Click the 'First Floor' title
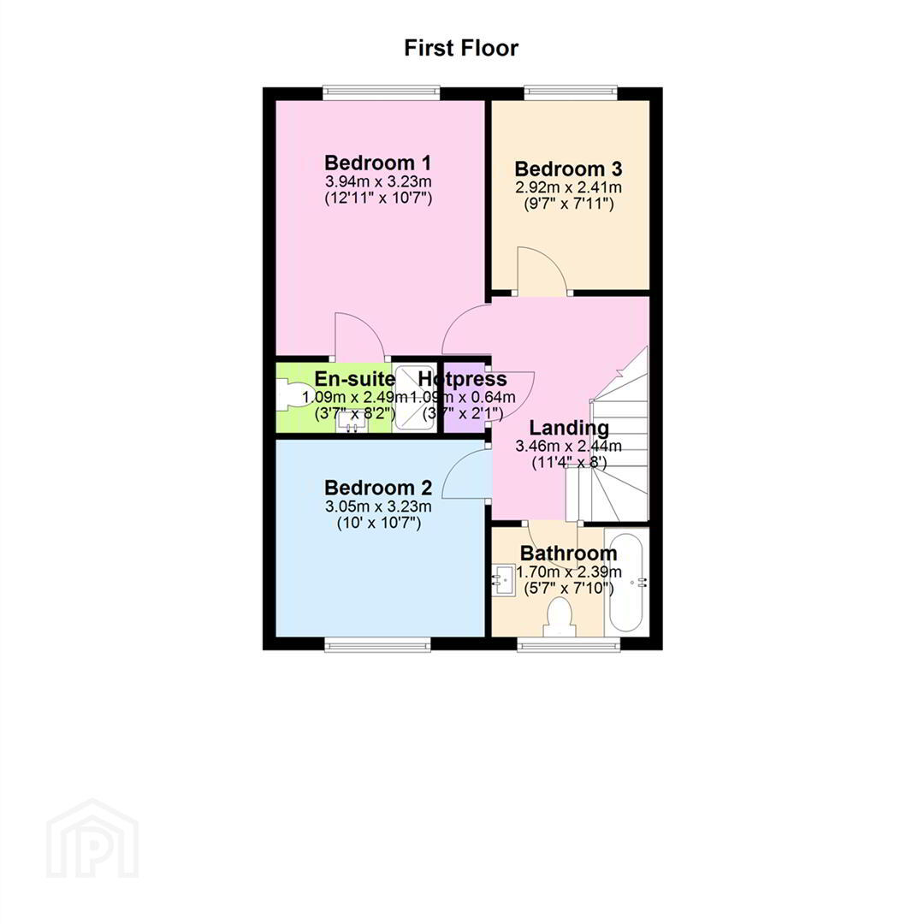(461, 48)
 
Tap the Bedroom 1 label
(377, 163)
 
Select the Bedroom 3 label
(568, 169)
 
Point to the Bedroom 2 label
(378, 488)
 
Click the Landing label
(569, 428)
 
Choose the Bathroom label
(568, 554)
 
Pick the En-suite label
(354, 379)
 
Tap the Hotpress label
(463, 379)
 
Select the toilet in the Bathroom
(560, 616)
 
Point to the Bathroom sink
(503, 581)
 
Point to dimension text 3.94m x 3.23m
(377, 181)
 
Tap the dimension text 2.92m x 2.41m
(568, 187)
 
